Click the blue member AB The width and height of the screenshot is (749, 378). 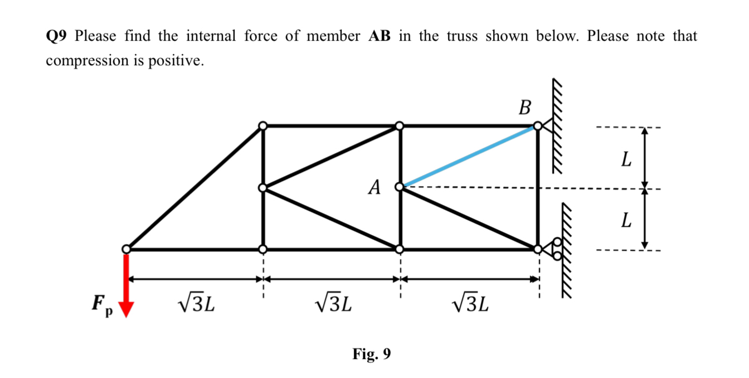coord(468,157)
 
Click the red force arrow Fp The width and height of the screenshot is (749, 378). coord(127,284)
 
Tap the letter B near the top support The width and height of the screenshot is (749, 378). coord(524,107)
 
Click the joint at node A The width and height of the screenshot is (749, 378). coord(400,187)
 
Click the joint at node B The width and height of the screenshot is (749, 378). coord(537,127)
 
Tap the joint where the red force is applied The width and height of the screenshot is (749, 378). coord(127,249)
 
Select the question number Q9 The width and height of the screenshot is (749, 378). coord(57,37)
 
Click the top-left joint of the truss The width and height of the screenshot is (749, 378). coord(264,127)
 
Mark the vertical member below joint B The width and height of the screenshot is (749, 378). coord(538,188)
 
